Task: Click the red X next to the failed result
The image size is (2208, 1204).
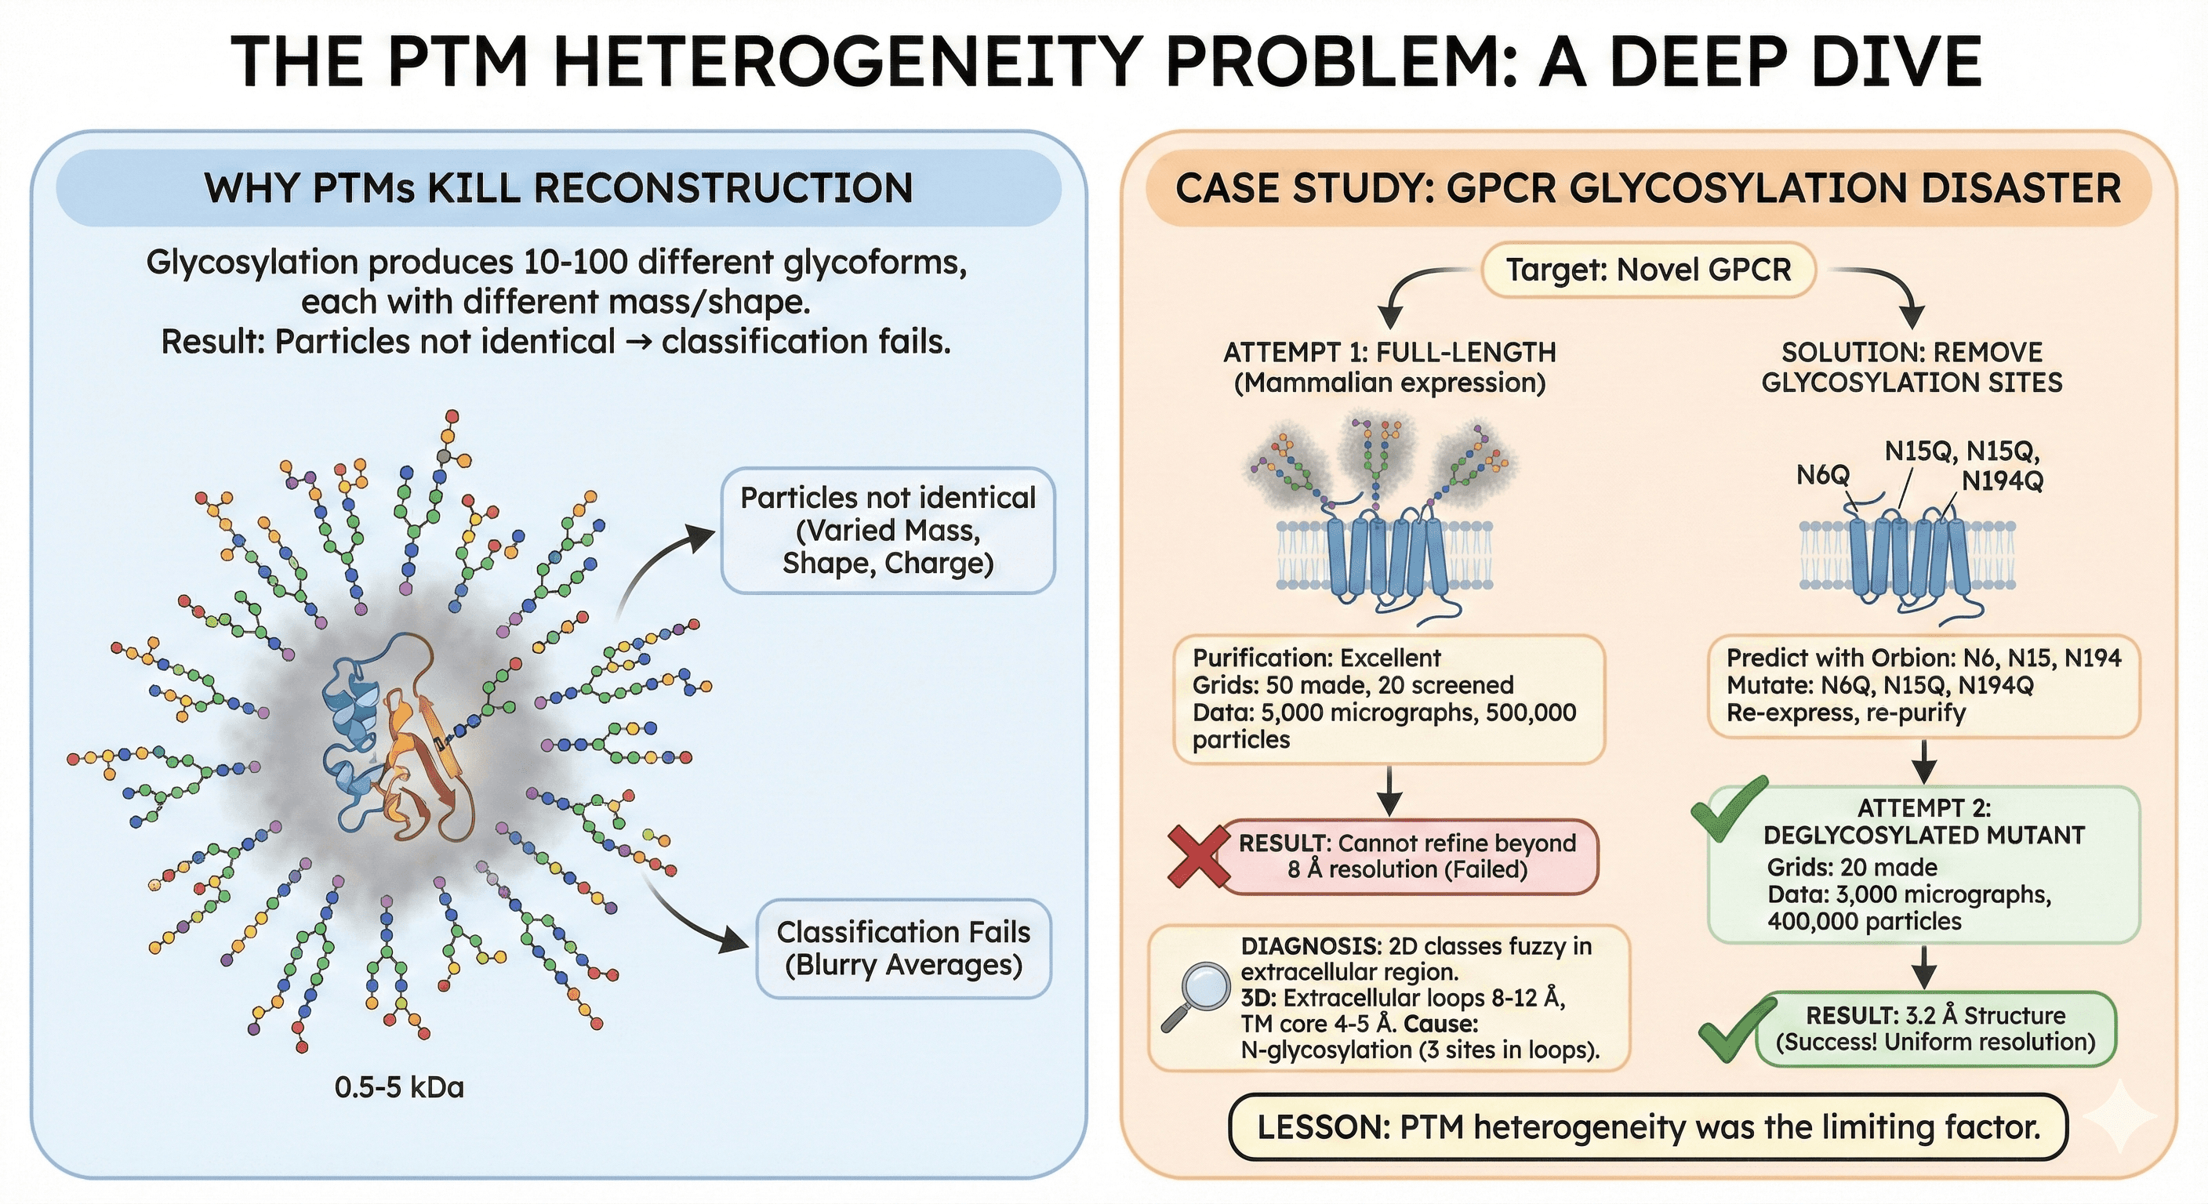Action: click(1198, 856)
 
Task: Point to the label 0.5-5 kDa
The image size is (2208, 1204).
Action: click(398, 1087)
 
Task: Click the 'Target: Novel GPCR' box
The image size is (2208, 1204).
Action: click(1648, 270)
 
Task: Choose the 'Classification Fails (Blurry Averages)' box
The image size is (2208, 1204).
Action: click(902, 948)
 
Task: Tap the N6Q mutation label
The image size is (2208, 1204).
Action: click(1822, 474)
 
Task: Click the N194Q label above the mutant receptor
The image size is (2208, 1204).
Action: click(2003, 481)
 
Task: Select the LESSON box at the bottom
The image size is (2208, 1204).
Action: click(1647, 1127)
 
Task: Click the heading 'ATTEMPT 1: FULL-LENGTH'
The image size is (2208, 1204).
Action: click(1389, 352)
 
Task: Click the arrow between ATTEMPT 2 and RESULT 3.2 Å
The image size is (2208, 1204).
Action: click(1924, 967)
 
